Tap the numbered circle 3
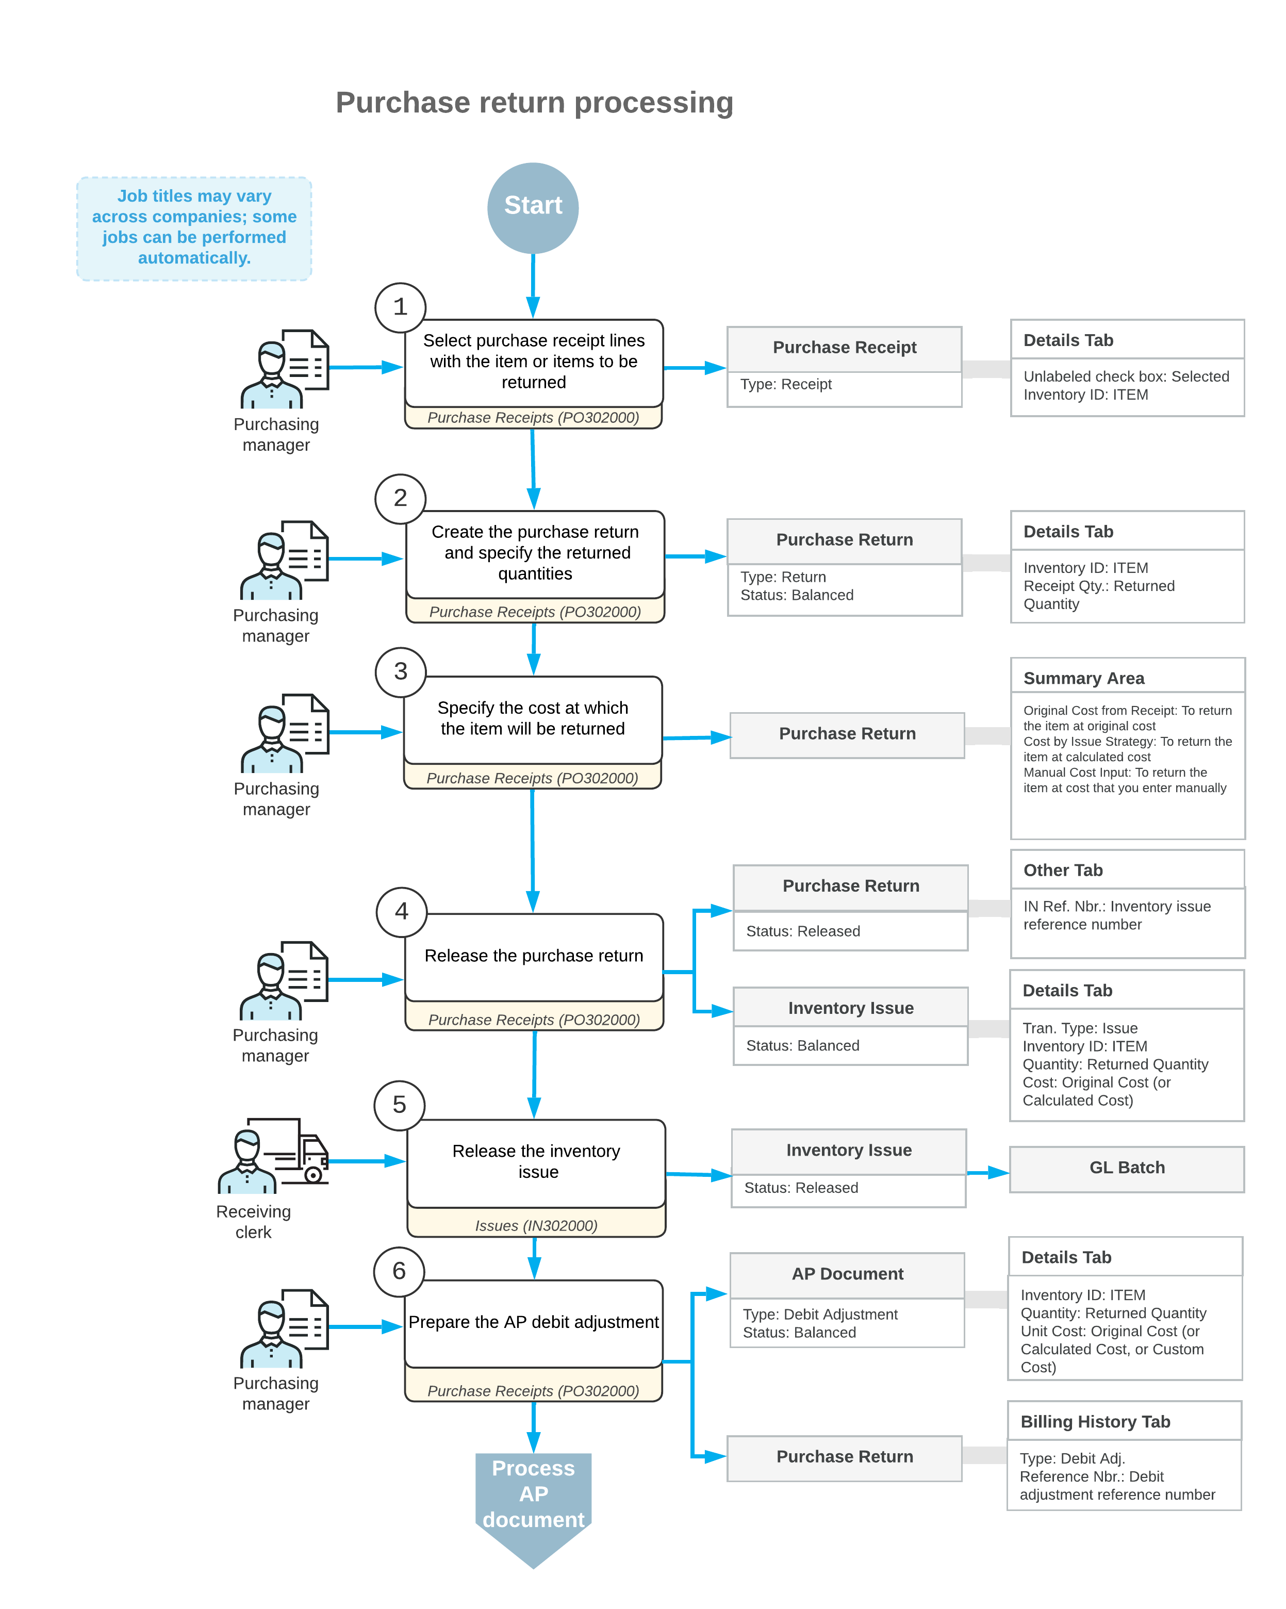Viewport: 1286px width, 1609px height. (x=401, y=671)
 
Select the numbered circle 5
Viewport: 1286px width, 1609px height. (x=399, y=1105)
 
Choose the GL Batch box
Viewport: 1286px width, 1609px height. (x=1126, y=1169)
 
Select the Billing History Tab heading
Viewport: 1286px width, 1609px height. (x=1095, y=1422)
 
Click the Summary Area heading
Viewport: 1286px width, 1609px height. (x=1084, y=678)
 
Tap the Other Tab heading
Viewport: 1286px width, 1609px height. (x=1063, y=870)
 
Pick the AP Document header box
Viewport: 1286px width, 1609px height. (x=847, y=1275)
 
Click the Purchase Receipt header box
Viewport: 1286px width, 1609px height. (x=844, y=349)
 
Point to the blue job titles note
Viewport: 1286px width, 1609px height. (x=194, y=228)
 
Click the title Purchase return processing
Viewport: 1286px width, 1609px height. (x=534, y=103)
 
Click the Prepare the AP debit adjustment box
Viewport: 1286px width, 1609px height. (x=534, y=1324)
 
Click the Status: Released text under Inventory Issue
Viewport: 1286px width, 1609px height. (x=801, y=1188)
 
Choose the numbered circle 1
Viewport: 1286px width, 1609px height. (x=400, y=307)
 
